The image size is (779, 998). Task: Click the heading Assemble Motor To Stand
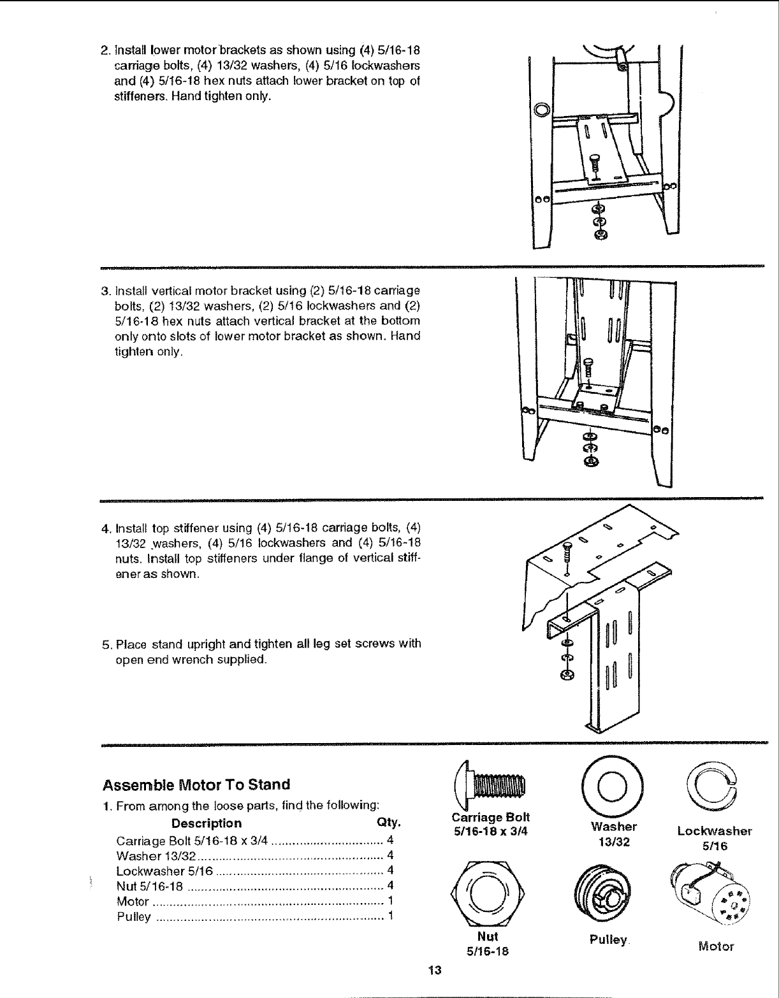(196, 785)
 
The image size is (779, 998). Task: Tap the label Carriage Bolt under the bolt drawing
(490, 818)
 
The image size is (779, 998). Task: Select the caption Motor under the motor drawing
(716, 946)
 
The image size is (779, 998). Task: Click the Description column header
(207, 823)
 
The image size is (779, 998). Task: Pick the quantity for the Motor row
(390, 902)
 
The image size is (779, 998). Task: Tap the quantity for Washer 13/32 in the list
(390, 855)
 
